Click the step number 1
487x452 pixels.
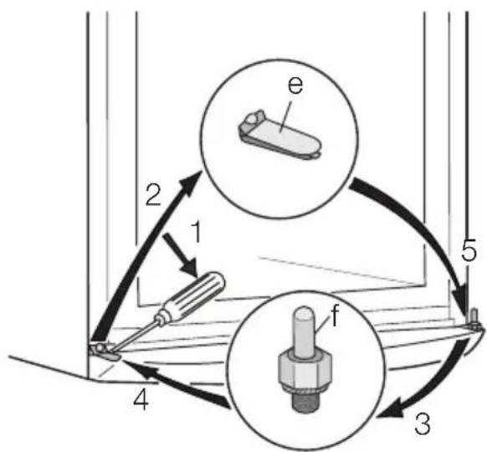pyautogui.click(x=194, y=233)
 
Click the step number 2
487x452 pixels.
pyautogui.click(x=154, y=195)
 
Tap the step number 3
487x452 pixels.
pyautogui.click(x=423, y=424)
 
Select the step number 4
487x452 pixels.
pyautogui.click(x=141, y=400)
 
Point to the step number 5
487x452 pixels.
pyautogui.click(x=469, y=249)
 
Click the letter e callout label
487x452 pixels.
pyautogui.click(x=295, y=85)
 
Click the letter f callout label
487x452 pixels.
pyautogui.click(x=334, y=316)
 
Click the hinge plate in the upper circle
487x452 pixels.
pyautogui.click(x=279, y=136)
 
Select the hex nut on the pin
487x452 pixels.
pyautogui.click(x=305, y=370)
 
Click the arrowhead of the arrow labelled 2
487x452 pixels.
pyautogui.click(x=191, y=184)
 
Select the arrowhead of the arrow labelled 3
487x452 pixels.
pyautogui.click(x=389, y=411)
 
